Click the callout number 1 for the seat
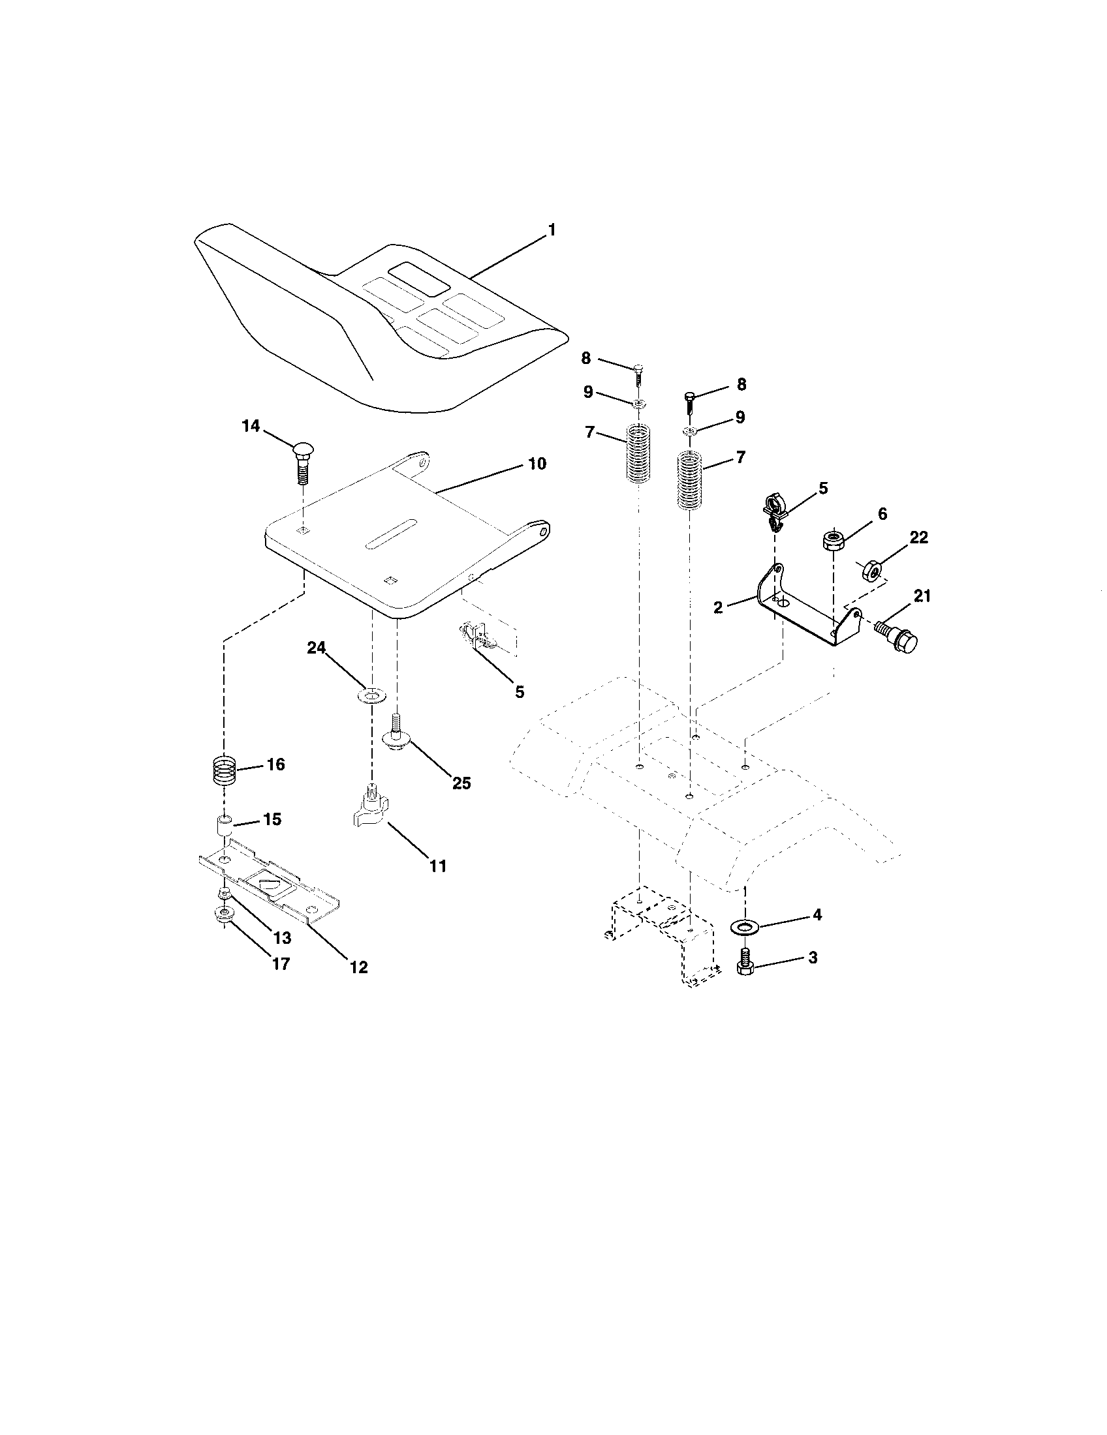tap(552, 230)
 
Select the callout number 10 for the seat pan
tap(537, 464)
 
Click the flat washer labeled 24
tap(372, 695)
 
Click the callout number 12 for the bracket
tap(359, 967)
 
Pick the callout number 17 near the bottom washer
tap(281, 964)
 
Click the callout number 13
tap(283, 937)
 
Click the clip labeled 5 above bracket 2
tap(774, 515)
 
